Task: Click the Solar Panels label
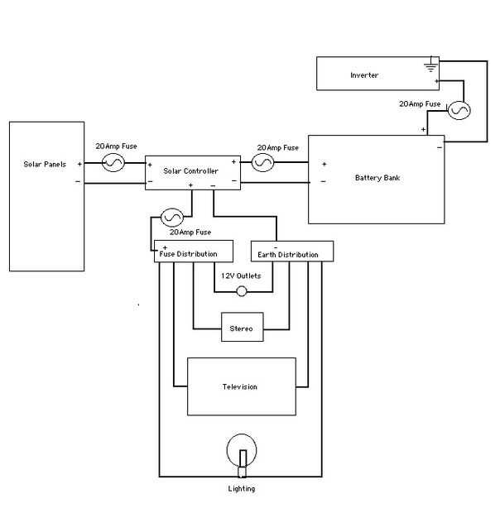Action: pyautogui.click(x=45, y=165)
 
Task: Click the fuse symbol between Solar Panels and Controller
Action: pyautogui.click(x=113, y=164)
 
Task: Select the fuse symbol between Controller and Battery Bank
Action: pyautogui.click(x=262, y=163)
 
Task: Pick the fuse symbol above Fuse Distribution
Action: pyautogui.click(x=172, y=218)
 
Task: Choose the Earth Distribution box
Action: pyautogui.click(x=291, y=252)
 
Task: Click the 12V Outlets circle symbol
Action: pyautogui.click(x=242, y=291)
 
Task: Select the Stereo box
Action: pyautogui.click(x=243, y=328)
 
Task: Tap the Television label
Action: pyautogui.click(x=240, y=386)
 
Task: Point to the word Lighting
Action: pyautogui.click(x=241, y=489)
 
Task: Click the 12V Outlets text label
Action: pyautogui.click(x=240, y=275)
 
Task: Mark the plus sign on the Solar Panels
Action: pyautogui.click(x=79, y=164)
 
